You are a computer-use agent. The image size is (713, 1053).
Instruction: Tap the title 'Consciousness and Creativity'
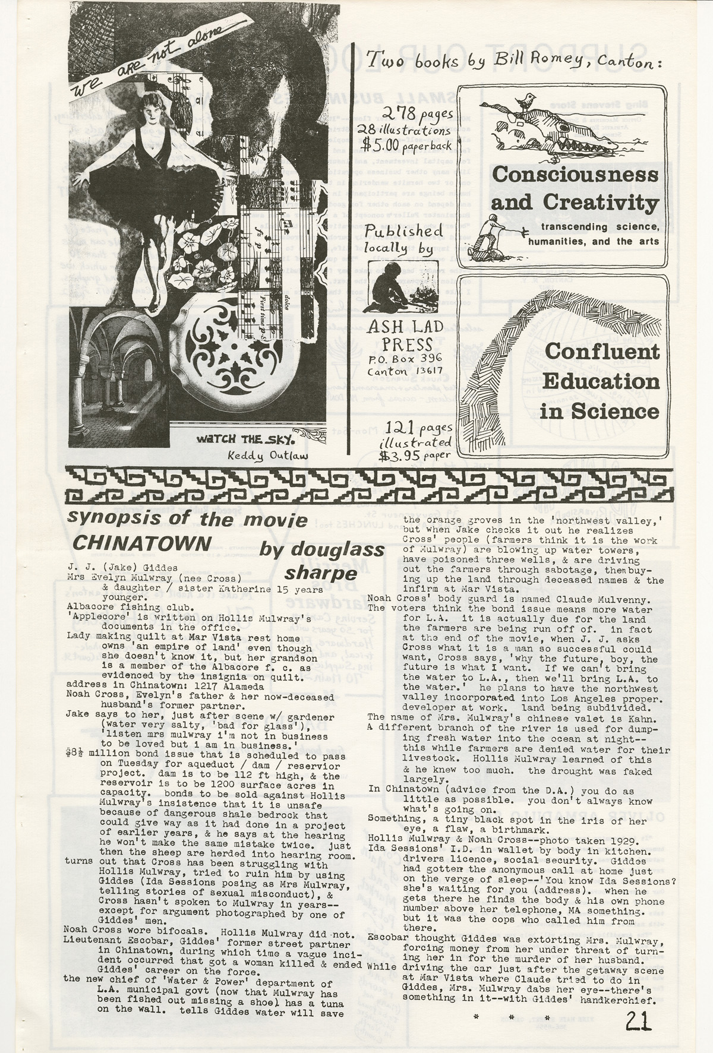[575, 189]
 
